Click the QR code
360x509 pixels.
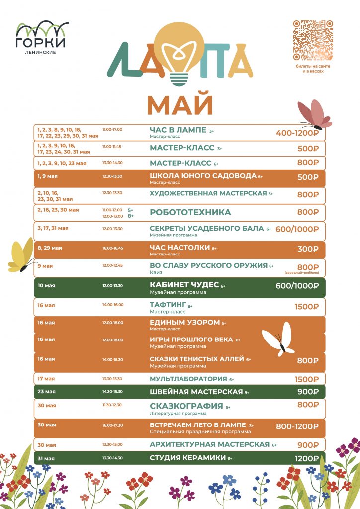(313, 40)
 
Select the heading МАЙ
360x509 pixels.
(180, 105)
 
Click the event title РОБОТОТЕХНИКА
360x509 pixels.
(190, 212)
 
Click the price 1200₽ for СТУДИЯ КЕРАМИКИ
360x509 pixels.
(306, 458)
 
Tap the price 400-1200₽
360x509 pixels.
(297, 133)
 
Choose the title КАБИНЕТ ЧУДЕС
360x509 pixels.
(184, 285)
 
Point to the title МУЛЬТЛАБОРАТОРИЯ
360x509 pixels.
(188, 379)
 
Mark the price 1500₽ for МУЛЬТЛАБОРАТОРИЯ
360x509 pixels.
(306, 379)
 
